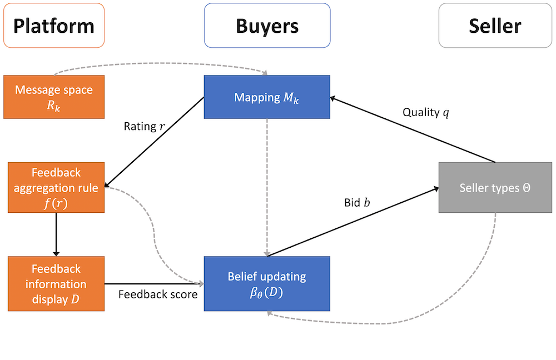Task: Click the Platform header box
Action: [x=54, y=26]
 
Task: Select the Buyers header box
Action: [x=267, y=26]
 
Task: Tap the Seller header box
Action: [x=495, y=26]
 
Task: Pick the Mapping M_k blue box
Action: [x=267, y=97]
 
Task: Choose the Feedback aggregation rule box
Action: [x=56, y=187]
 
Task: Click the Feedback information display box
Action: [x=56, y=283]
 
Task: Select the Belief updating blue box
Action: [x=267, y=283]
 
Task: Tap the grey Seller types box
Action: [x=495, y=188]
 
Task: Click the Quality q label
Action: [x=425, y=113]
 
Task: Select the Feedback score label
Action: [x=158, y=294]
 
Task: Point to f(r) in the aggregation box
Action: [x=56, y=202]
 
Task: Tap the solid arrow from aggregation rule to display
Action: [x=56, y=233]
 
